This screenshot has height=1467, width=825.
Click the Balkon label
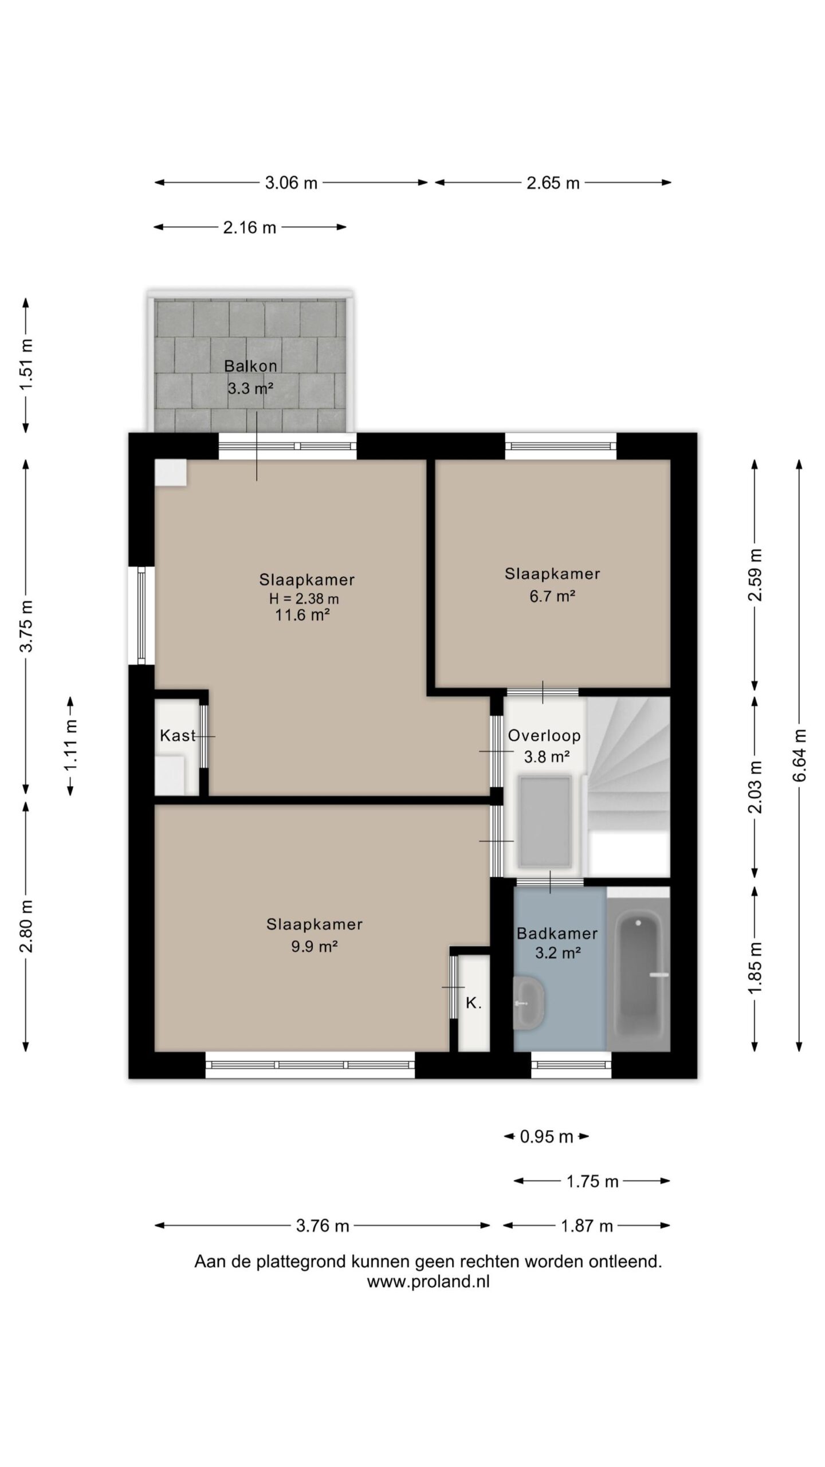click(250, 366)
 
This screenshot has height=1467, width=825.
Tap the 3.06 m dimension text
click(291, 183)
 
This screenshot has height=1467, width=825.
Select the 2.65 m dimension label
click(553, 183)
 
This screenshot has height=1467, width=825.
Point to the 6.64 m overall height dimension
click(800, 755)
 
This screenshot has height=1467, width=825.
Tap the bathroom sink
click(529, 1003)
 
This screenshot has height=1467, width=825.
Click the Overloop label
click(544, 735)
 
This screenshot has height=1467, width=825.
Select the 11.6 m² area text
click(302, 615)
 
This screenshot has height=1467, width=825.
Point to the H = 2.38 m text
click(304, 599)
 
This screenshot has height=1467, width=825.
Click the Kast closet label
click(178, 735)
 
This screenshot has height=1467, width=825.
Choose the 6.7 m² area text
click(552, 597)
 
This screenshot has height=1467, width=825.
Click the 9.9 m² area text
click(314, 946)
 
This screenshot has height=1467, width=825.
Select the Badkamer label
click(557, 933)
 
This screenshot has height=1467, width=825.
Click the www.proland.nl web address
click(429, 1282)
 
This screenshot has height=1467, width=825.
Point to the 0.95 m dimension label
click(547, 1136)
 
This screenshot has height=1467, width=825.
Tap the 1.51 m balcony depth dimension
click(26, 365)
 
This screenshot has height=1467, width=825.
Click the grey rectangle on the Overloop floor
click(545, 821)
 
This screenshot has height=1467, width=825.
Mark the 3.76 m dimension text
click(323, 1226)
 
